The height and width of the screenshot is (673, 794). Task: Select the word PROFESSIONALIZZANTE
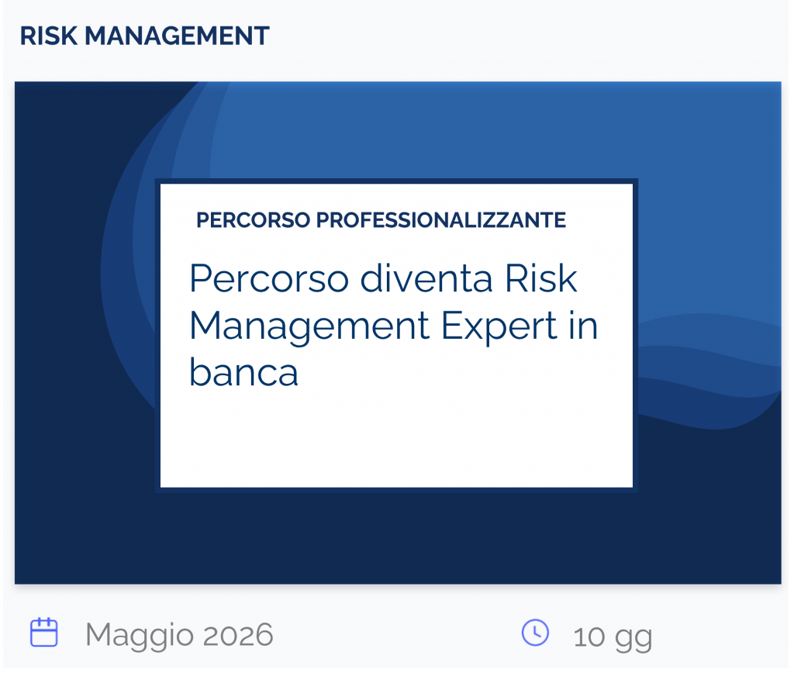(441, 221)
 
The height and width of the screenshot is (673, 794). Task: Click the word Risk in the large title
(541, 279)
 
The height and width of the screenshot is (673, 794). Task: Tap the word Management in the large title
(310, 326)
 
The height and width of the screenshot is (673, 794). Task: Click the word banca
(243, 373)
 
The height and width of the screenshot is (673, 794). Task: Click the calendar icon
(43, 633)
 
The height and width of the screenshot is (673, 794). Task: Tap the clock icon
(535, 633)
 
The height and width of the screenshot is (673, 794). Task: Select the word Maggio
(140, 636)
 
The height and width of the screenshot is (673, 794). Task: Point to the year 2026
(238, 636)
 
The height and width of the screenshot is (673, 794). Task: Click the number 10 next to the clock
(589, 637)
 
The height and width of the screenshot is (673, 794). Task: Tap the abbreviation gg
(633, 639)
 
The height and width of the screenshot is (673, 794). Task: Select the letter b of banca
(200, 373)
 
